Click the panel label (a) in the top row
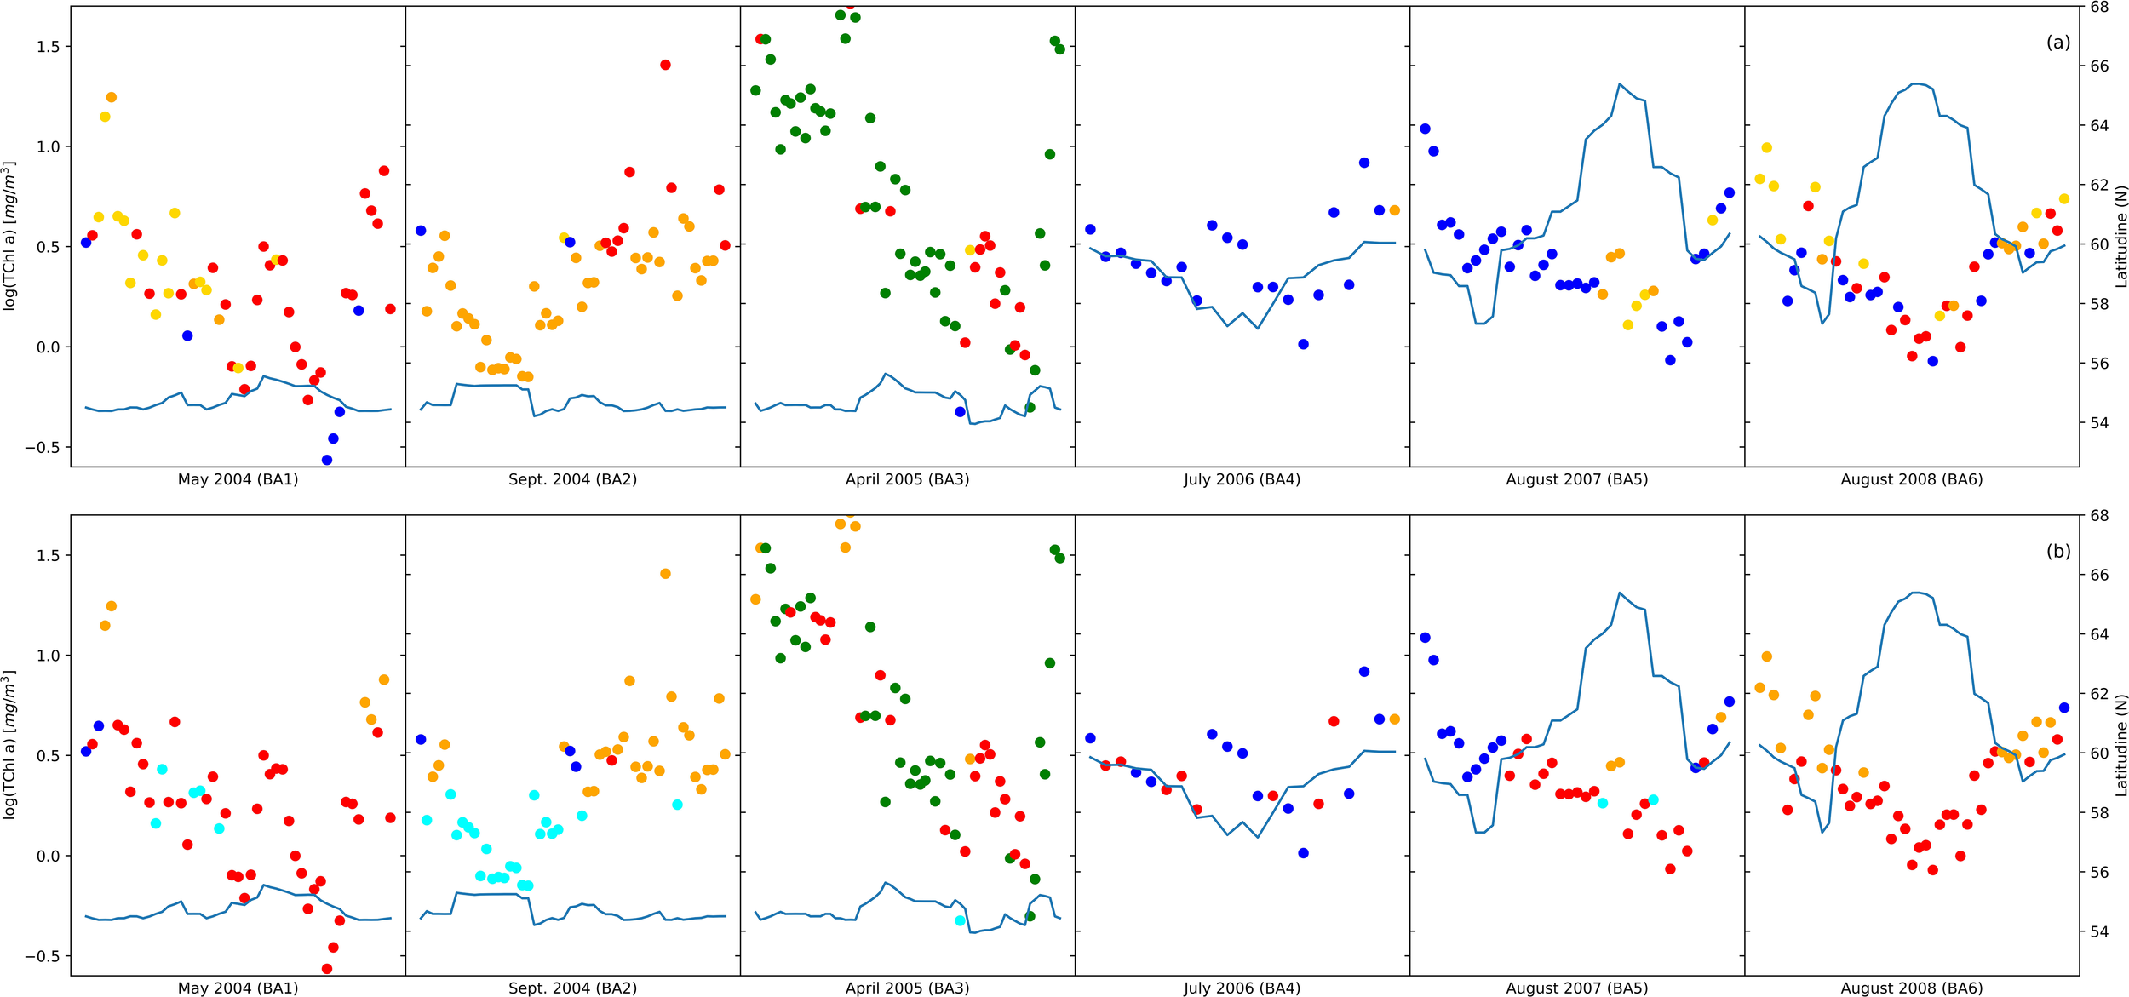point(2057,43)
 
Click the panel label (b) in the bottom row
point(2057,552)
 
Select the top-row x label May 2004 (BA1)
point(238,479)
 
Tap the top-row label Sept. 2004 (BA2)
point(572,479)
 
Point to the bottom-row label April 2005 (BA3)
point(907,988)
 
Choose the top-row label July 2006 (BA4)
point(1242,479)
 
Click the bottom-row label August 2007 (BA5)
point(1576,988)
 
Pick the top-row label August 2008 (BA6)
point(1911,479)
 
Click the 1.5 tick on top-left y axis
point(48,47)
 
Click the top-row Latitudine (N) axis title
point(2120,237)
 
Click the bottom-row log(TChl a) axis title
point(10,745)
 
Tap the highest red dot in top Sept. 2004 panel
point(665,65)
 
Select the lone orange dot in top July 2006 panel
point(1394,210)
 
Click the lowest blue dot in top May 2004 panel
point(327,460)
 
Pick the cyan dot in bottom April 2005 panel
point(960,920)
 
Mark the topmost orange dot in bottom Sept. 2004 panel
point(665,574)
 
